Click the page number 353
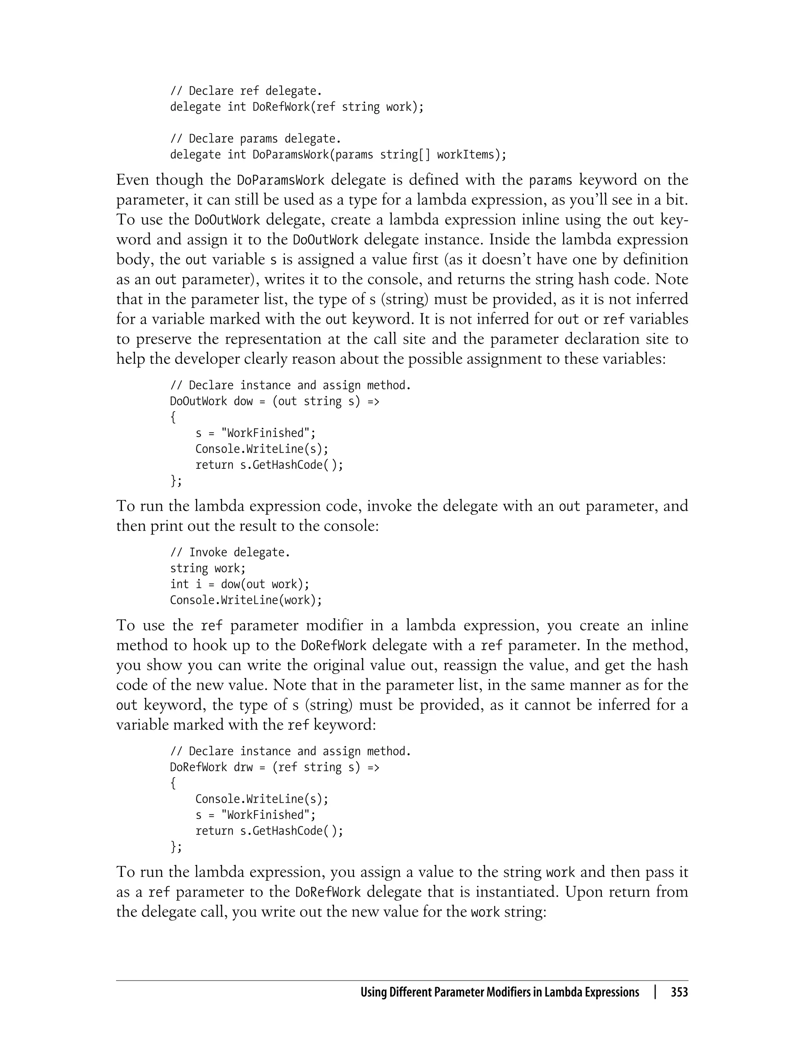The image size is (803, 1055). (x=679, y=992)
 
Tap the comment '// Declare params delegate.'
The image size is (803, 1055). (x=256, y=138)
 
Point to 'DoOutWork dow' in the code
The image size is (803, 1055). (x=211, y=401)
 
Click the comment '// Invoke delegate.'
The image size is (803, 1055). (x=230, y=552)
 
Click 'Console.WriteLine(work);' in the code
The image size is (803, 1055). (x=246, y=600)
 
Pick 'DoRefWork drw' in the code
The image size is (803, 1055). (x=211, y=767)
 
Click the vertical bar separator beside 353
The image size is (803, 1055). (x=655, y=992)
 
